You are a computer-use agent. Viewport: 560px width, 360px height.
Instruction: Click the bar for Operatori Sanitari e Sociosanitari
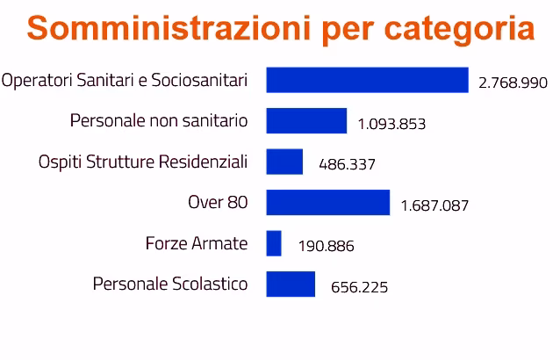click(x=367, y=80)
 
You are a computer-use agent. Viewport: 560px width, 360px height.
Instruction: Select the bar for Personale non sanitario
click(x=306, y=120)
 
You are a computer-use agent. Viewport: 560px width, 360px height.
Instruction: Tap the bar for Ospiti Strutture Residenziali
click(x=284, y=162)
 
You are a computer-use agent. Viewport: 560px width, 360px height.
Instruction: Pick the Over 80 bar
click(x=327, y=202)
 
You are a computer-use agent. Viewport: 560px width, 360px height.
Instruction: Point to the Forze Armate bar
click(x=274, y=243)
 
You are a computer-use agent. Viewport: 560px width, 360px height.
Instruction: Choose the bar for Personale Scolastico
click(x=291, y=284)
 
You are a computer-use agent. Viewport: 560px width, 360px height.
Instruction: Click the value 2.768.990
click(x=513, y=83)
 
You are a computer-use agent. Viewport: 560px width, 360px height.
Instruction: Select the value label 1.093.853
click(x=391, y=124)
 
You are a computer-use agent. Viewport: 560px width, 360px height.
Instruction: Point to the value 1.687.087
click(x=434, y=205)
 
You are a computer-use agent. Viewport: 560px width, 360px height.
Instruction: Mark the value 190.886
click(x=326, y=247)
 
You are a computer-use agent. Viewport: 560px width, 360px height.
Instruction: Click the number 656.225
click(x=359, y=287)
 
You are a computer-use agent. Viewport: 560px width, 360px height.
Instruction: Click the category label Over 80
click(x=218, y=202)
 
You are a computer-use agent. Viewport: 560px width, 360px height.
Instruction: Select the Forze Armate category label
click(x=196, y=243)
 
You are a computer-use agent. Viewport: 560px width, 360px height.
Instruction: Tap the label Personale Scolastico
click(x=169, y=284)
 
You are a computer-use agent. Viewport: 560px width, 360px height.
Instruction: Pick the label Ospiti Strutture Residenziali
click(x=143, y=162)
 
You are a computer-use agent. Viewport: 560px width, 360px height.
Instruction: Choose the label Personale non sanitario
click(x=158, y=120)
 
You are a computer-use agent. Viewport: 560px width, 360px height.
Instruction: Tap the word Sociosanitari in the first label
click(x=199, y=80)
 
